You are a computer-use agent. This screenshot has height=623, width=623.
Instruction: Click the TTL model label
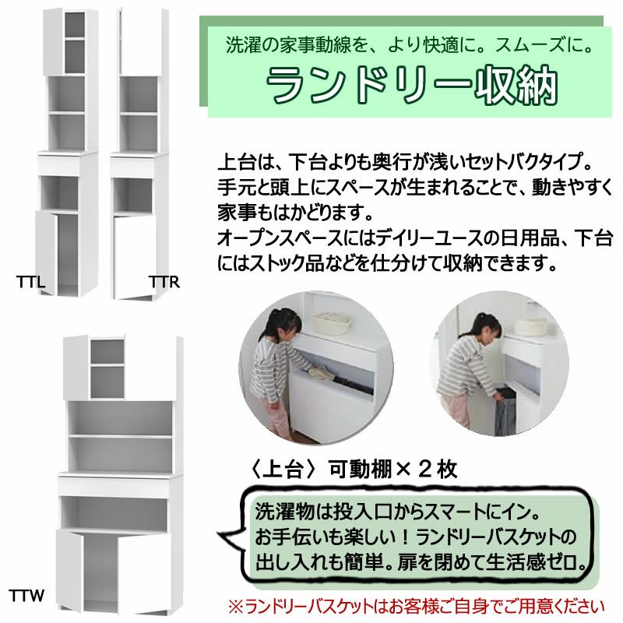30,282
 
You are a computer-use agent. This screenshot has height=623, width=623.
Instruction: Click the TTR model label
164,282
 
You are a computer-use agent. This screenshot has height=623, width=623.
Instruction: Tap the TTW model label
26,596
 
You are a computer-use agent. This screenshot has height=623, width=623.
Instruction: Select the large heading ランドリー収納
412,85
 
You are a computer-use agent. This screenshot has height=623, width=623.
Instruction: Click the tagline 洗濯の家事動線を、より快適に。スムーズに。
410,44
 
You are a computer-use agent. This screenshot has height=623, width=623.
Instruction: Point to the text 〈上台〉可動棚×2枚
353,470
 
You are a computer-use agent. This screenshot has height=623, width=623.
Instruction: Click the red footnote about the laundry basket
416,607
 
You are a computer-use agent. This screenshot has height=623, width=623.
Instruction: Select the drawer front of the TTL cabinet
60,165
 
